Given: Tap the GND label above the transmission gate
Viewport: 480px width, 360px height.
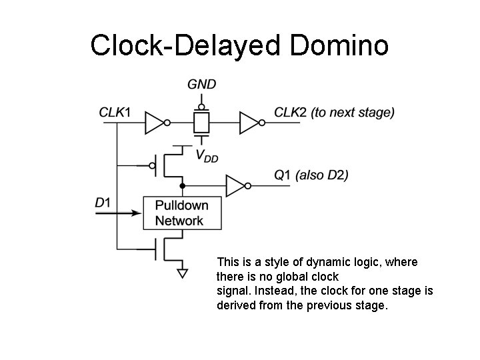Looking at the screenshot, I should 201,85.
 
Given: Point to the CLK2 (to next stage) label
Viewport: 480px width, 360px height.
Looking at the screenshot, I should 334,112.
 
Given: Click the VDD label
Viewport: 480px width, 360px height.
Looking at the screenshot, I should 207,155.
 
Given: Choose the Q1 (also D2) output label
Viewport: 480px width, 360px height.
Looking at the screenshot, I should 311,175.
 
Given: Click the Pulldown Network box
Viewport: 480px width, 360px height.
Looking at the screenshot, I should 182,213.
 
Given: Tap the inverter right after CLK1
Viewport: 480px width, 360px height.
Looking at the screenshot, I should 155,122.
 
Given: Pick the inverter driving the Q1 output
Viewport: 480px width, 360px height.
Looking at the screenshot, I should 236,185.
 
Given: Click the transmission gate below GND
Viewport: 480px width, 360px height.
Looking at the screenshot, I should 201,122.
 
